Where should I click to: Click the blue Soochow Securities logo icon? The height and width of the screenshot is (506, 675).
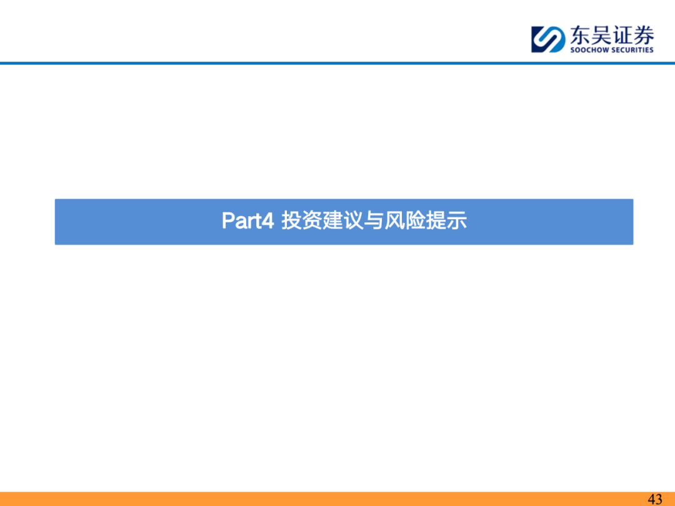pos(548,39)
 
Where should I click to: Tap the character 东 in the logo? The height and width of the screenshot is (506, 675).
pos(580,35)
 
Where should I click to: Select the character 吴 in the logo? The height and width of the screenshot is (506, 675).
pos(601,35)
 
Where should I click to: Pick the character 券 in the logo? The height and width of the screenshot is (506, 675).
pos(644,35)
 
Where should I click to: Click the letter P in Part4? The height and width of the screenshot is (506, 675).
pos(227,221)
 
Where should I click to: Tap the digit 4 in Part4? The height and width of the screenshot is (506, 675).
pos(267,221)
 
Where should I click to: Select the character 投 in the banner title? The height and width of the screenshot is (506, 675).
pos(291,221)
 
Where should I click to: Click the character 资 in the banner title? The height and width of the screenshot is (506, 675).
pos(312,221)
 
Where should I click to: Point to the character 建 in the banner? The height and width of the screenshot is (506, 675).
pos(332,221)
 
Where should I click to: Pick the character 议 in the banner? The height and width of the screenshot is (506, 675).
pos(353,221)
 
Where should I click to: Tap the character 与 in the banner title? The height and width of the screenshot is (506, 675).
pos(374,221)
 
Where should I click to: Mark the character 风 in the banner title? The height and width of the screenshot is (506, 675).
pos(395,221)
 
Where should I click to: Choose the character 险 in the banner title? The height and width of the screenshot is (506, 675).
pos(416,221)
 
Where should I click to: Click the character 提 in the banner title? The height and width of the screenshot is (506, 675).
pos(436,221)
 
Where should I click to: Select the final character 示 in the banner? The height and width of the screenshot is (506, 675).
pos(457,221)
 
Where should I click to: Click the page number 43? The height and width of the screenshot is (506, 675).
pos(655,499)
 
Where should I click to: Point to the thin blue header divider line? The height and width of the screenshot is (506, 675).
pos(337,63)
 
